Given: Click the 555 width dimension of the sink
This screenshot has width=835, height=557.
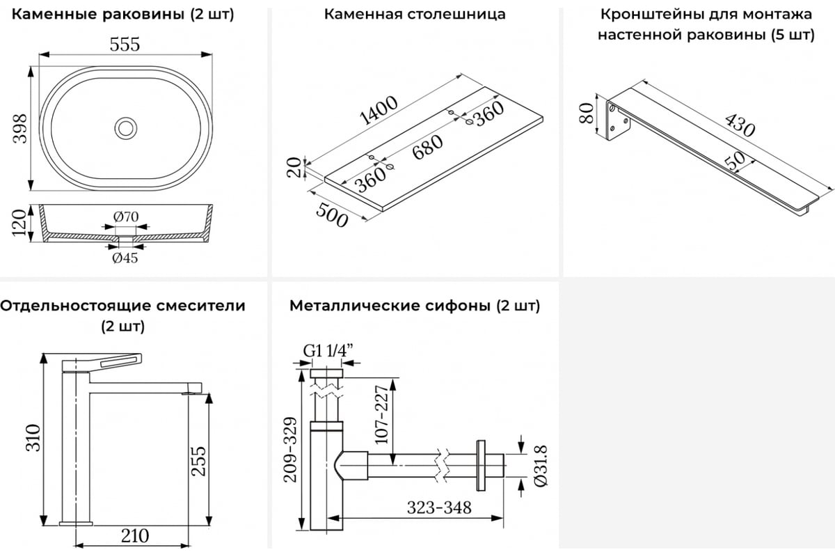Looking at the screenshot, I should [125, 44].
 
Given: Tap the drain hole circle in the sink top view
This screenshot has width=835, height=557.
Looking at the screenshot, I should [126, 127].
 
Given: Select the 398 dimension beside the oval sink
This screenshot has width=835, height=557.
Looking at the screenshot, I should [20, 128].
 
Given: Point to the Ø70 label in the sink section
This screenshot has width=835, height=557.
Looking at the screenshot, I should [126, 217].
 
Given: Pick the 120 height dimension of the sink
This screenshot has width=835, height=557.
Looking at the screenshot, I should [20, 223].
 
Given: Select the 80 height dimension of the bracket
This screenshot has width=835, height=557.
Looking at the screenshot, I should [586, 112].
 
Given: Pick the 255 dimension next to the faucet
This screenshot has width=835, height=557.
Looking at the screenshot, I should [198, 461].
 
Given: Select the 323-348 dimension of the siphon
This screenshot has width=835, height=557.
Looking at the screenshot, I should [440, 507].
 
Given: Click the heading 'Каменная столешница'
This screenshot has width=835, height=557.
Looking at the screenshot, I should [415, 14].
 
